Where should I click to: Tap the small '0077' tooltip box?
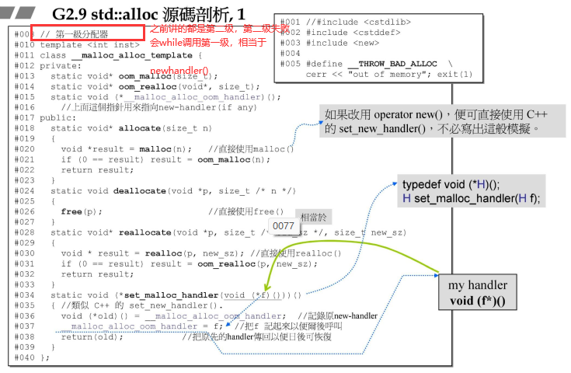[x=283, y=226]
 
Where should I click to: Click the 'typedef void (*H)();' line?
[x=451, y=185]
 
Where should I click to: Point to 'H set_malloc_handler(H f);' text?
[x=470, y=198]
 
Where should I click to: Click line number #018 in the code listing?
[x=24, y=127]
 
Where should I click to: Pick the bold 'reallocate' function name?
[x=142, y=232]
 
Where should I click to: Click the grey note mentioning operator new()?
[x=432, y=120]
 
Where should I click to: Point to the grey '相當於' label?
[x=314, y=218]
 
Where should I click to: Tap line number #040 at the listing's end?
[x=24, y=357]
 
